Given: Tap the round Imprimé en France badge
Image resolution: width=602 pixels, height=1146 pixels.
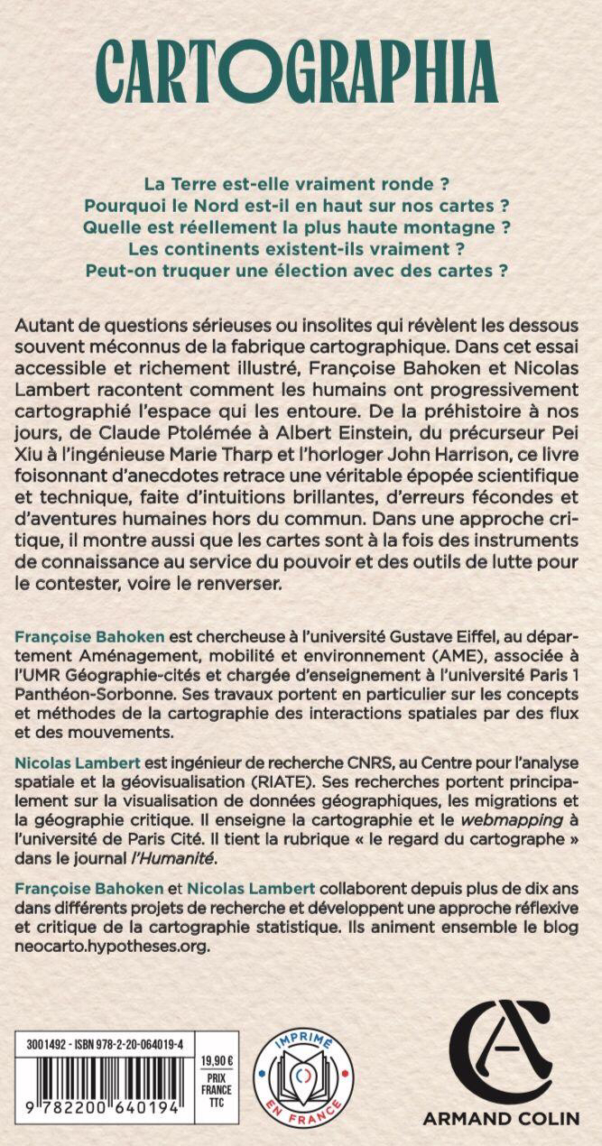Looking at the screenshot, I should point(303,1079).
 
